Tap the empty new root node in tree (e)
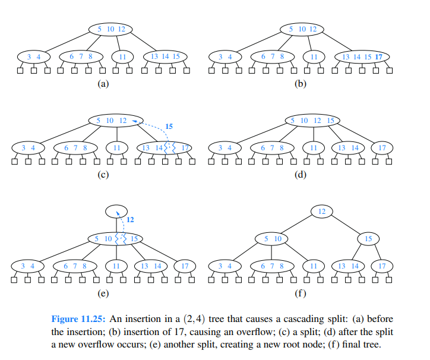[x=116, y=211]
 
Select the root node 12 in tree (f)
[x=321, y=211]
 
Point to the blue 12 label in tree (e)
[x=130, y=220]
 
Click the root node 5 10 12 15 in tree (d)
[x=311, y=121]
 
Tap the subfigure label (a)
[x=103, y=84]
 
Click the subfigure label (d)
[x=301, y=173]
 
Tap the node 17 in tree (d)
[x=381, y=147]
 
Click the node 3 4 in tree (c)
[x=24, y=147]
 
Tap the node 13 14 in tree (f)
[x=344, y=266]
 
